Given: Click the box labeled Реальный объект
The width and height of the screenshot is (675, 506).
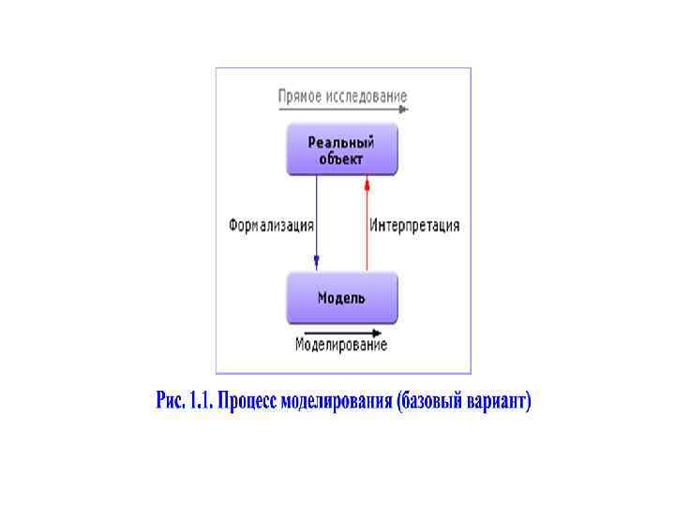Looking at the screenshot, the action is point(341,150).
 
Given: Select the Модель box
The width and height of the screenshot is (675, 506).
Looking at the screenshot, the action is point(341,298).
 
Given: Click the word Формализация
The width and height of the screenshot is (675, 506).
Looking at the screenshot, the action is point(271,226).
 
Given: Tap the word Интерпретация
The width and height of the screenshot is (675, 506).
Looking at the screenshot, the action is point(414,226).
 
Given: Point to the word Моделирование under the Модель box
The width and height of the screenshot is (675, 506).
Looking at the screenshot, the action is point(341,345).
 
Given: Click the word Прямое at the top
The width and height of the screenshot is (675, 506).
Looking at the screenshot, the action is point(301,97).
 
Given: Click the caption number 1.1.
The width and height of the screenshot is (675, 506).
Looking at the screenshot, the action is point(200,402).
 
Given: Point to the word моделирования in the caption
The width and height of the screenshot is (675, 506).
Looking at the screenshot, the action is point(337,402).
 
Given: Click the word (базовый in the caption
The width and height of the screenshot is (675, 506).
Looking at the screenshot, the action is point(430,402).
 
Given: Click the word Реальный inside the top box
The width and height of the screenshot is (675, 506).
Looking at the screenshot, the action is point(341,142).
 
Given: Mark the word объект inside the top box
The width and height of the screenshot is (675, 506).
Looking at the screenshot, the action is point(341,158).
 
